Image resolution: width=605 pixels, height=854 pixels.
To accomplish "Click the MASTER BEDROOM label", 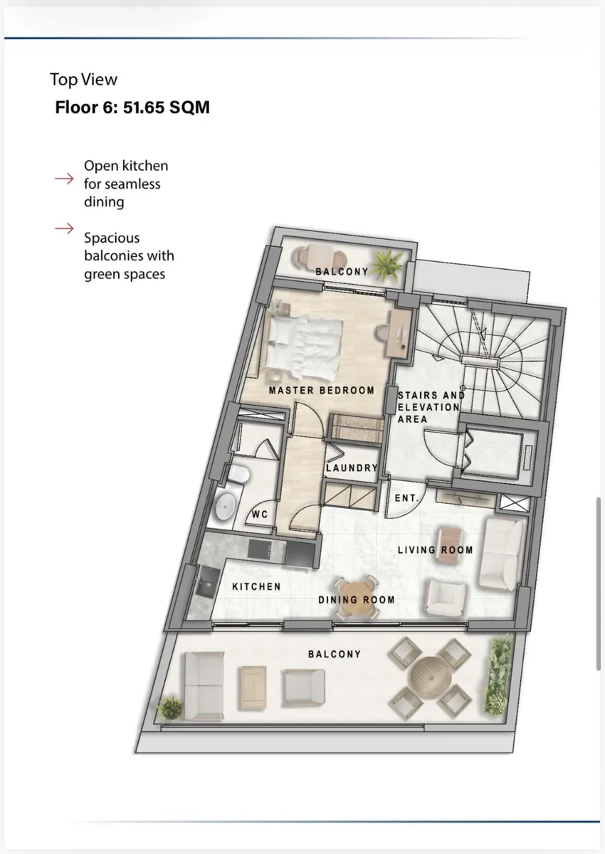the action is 322,391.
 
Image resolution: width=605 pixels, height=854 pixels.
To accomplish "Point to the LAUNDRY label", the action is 352,468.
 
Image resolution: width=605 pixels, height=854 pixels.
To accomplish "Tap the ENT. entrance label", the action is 406,498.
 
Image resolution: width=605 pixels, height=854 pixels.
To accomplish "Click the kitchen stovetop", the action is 260,549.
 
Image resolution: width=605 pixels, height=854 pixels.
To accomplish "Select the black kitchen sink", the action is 207,581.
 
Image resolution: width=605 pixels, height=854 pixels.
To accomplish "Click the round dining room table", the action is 357,597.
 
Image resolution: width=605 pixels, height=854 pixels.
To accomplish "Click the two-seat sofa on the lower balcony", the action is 204,686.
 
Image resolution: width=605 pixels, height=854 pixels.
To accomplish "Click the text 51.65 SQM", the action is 167,107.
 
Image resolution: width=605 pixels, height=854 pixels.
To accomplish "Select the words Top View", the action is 83,80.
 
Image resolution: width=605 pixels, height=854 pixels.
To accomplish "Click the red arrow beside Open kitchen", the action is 64,179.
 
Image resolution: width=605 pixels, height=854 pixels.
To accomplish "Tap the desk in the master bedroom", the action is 399,334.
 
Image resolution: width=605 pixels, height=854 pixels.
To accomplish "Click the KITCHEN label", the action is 256,586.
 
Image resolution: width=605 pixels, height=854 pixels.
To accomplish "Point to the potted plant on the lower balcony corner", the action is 169,707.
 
